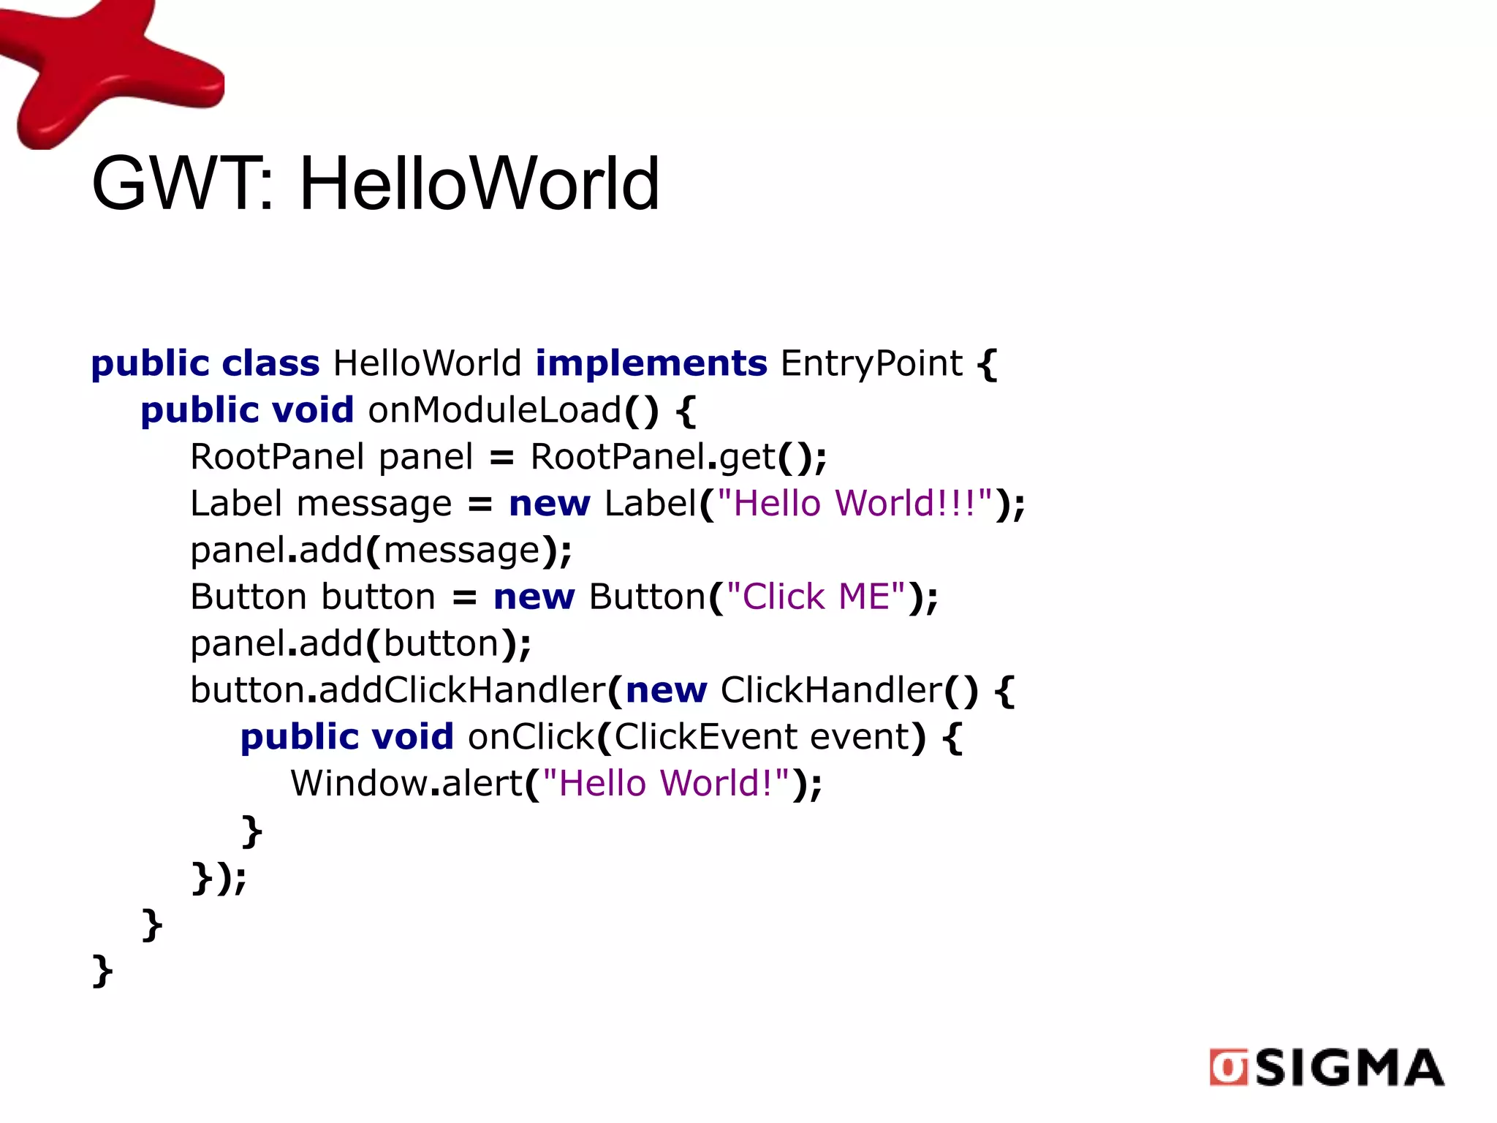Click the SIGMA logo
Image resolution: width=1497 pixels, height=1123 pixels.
coord(1327,1068)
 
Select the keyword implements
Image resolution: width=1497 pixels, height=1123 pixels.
coord(651,363)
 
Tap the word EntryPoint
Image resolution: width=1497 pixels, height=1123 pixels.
coord(871,363)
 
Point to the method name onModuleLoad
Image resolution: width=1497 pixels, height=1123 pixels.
coord(495,410)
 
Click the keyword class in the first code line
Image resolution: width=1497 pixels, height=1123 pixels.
coord(270,363)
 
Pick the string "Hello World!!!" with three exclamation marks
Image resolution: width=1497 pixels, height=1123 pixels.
coord(855,504)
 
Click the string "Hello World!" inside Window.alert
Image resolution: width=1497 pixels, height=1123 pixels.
coord(667,784)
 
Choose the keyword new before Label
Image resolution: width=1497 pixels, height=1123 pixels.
coord(549,504)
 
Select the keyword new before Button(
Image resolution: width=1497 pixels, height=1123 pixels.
coord(534,597)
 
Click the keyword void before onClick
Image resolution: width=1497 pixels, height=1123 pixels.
coord(412,737)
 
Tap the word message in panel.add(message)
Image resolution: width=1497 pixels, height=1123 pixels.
coord(462,551)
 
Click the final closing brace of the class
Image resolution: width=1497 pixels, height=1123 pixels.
coord(102,971)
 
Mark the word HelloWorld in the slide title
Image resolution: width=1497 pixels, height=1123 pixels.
coord(480,184)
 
